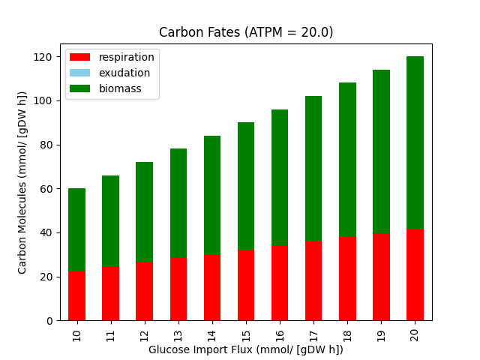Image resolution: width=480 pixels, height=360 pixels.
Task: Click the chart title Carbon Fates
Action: (x=246, y=32)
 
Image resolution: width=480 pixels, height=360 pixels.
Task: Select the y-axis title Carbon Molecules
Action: (x=22, y=182)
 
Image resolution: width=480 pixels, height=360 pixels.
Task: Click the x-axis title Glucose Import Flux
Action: (x=246, y=349)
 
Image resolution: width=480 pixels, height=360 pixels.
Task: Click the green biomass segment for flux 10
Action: (x=77, y=229)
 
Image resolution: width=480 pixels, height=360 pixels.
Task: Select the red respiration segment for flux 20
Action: (x=415, y=275)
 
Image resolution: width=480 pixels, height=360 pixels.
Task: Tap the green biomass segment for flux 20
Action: (x=415, y=142)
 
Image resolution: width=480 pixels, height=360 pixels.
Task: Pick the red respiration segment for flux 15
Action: (x=246, y=286)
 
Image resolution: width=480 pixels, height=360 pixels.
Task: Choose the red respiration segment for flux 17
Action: (x=313, y=281)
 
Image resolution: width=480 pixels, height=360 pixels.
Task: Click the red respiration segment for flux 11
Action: (x=111, y=294)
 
